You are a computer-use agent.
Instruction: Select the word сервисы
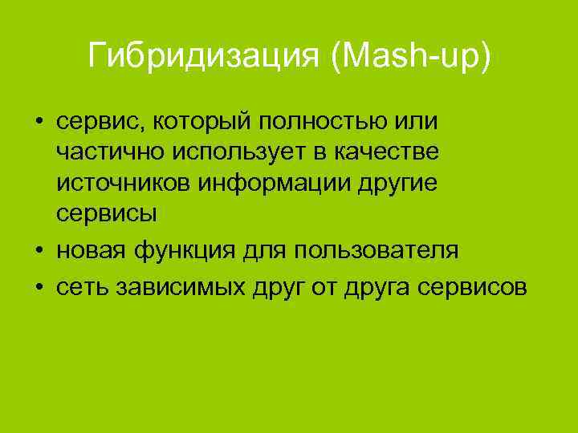[107, 215]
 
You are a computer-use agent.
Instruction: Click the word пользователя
[377, 251]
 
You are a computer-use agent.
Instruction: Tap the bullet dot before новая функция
[39, 251]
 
